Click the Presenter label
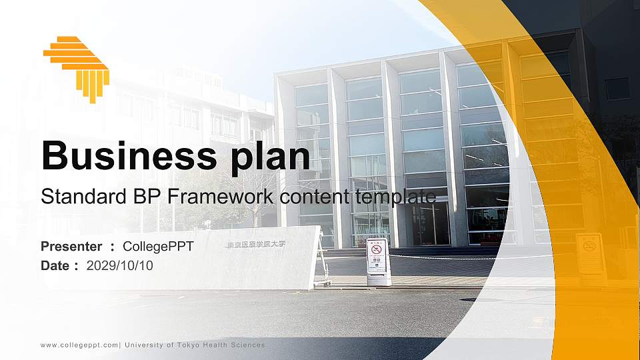coord(71,247)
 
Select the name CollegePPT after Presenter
coord(159,247)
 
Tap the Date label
coord(56,266)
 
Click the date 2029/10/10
coord(120,266)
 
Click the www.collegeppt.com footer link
coord(79,345)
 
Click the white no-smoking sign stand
coord(377,261)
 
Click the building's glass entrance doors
coord(431,223)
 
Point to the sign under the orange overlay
coord(590,253)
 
